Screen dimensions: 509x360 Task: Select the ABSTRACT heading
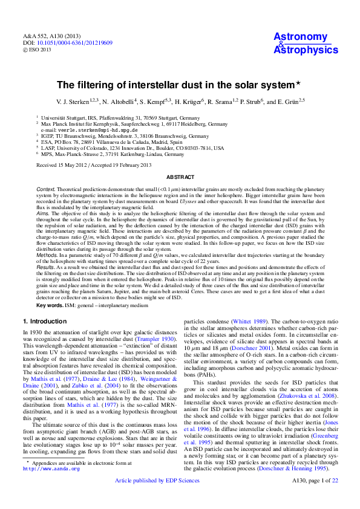click(x=180, y=177)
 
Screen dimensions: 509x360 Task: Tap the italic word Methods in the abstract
click(x=47, y=256)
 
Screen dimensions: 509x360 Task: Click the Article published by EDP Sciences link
click(x=157, y=498)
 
